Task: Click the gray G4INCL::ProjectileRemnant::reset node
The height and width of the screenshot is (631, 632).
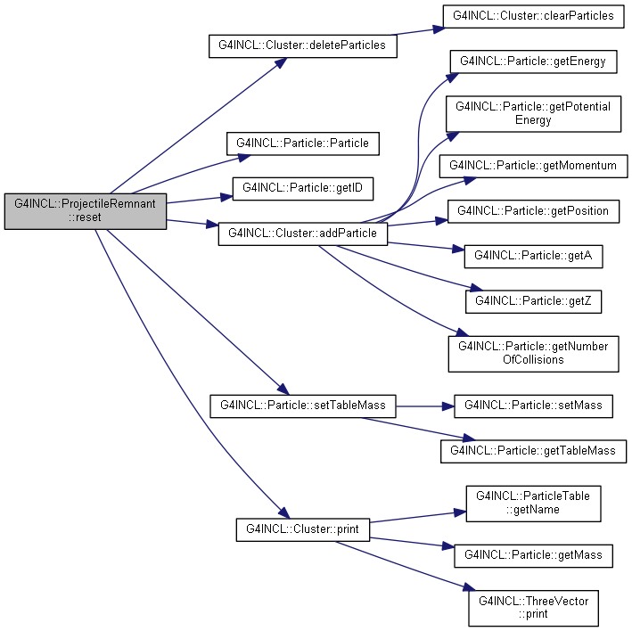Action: [x=86, y=211]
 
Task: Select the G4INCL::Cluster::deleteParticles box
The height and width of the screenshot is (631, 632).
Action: [x=303, y=46]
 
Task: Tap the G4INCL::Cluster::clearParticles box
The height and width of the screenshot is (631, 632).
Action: [x=533, y=17]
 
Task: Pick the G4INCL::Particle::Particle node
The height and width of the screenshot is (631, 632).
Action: [x=303, y=143]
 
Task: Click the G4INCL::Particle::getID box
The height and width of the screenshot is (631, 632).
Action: [x=303, y=189]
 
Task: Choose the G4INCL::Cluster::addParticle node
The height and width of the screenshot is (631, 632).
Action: [x=303, y=234]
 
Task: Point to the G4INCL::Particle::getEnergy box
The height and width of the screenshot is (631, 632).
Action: [x=533, y=61]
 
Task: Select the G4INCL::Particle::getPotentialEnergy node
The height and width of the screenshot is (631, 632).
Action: [x=533, y=113]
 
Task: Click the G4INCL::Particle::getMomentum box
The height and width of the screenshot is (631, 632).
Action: [x=533, y=166]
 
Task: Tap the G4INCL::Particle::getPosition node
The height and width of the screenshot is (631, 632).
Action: [x=533, y=211]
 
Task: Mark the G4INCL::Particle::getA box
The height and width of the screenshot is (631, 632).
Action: [x=533, y=257]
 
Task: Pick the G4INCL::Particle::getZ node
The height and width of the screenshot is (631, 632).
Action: [x=533, y=301]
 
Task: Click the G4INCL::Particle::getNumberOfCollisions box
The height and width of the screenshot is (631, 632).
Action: [x=533, y=354]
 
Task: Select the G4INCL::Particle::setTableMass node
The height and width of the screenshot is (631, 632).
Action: [x=303, y=406]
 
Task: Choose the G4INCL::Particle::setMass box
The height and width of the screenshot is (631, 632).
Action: [x=533, y=406]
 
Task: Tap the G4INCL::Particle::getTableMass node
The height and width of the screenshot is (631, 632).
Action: [x=533, y=451]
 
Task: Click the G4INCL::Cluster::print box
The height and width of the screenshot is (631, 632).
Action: [x=303, y=530]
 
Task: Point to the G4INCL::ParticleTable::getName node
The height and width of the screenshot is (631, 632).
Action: [x=533, y=504]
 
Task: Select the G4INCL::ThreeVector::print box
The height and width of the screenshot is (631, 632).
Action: [x=533, y=609]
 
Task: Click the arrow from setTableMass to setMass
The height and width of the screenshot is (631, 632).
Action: [x=425, y=406]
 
